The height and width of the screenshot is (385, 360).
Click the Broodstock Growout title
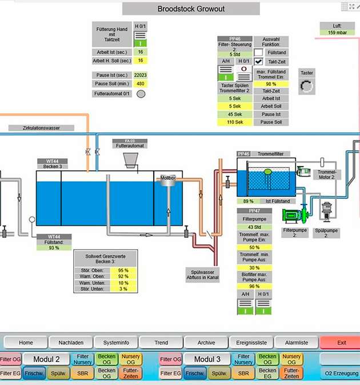(191, 9)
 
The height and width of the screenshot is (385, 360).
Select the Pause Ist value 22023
(140, 75)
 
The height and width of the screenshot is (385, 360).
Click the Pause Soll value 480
(140, 84)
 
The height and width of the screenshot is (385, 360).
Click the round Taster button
(307, 86)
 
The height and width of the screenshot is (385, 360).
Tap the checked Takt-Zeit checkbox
(259, 61)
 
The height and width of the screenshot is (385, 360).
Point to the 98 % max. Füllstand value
(271, 83)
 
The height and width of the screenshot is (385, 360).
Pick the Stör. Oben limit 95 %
(123, 270)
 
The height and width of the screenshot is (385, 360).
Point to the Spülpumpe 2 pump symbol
(328, 211)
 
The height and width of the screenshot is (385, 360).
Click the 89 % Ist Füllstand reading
(248, 201)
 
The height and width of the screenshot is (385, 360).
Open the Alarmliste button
(297, 343)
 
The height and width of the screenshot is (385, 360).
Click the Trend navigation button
(161, 343)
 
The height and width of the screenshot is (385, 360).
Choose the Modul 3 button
(207, 359)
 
